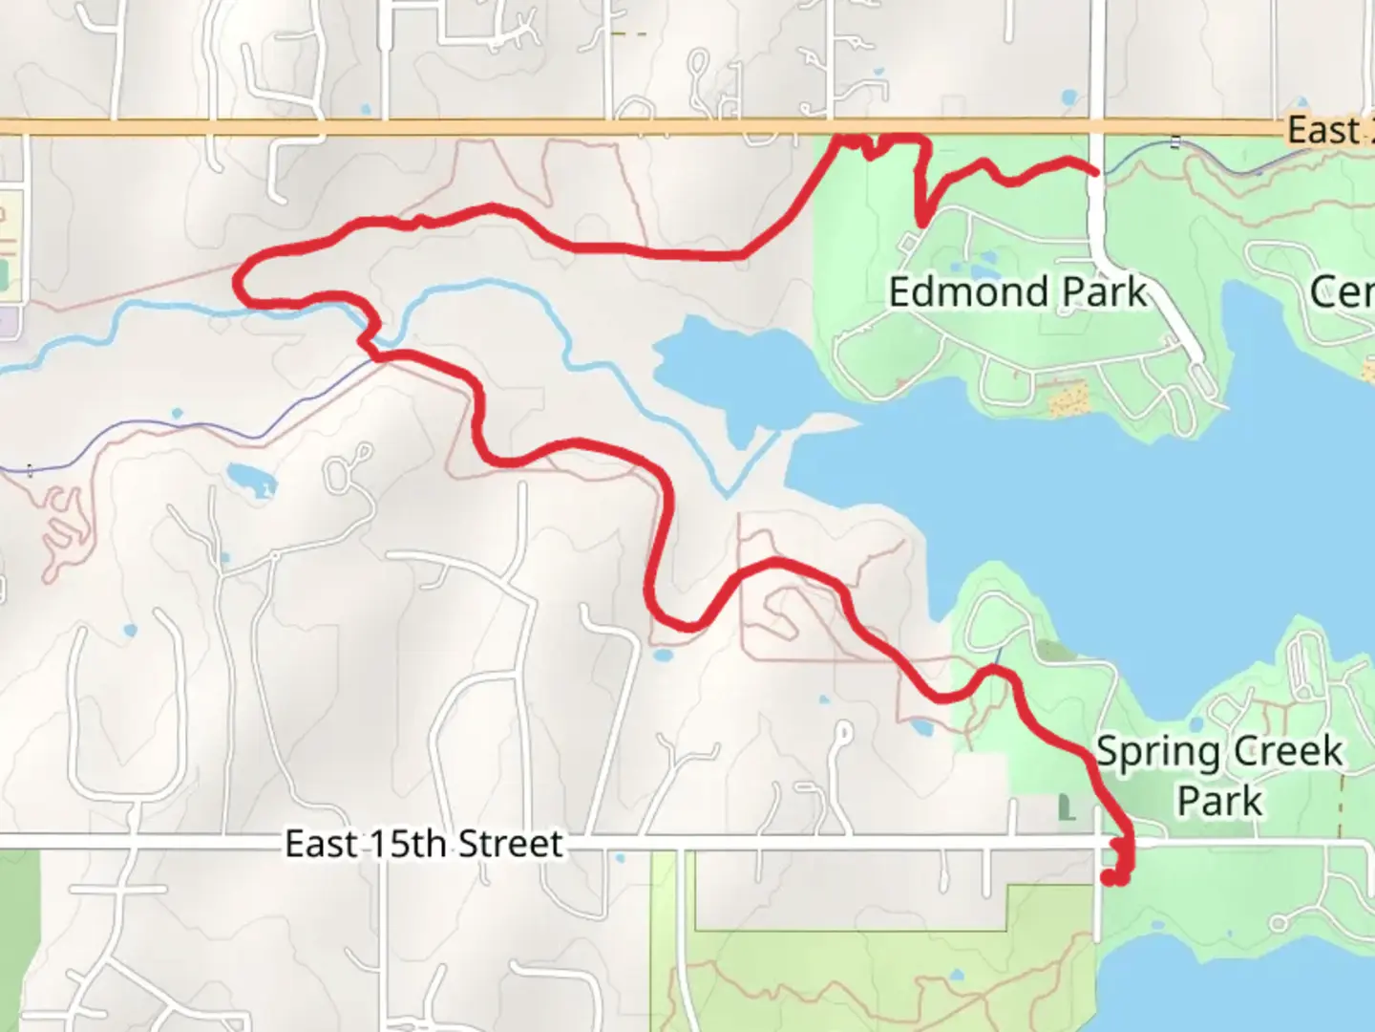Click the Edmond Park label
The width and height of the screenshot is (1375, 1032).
pyautogui.click(x=1017, y=291)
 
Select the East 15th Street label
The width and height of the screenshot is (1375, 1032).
pyautogui.click(x=423, y=844)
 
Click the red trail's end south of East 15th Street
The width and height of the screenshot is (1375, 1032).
pyautogui.click(x=1110, y=876)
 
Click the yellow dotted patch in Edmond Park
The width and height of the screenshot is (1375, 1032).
pyautogui.click(x=1068, y=398)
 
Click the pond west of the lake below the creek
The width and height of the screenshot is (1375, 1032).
pyautogui.click(x=247, y=475)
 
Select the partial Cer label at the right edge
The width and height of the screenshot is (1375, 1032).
pyautogui.click(x=1342, y=292)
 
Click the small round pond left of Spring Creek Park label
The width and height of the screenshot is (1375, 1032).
pyautogui.click(x=1195, y=724)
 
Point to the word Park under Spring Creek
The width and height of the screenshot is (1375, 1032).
pyautogui.click(x=1219, y=801)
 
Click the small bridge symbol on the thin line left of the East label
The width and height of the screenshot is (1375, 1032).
pyautogui.click(x=1175, y=143)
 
